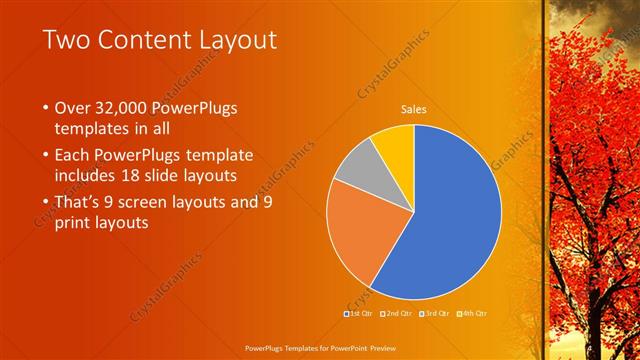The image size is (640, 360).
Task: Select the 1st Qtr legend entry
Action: (x=361, y=313)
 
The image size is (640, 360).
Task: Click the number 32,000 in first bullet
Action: (x=121, y=107)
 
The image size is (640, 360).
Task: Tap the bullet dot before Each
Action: (x=45, y=156)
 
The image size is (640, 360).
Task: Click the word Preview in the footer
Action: (x=376, y=346)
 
